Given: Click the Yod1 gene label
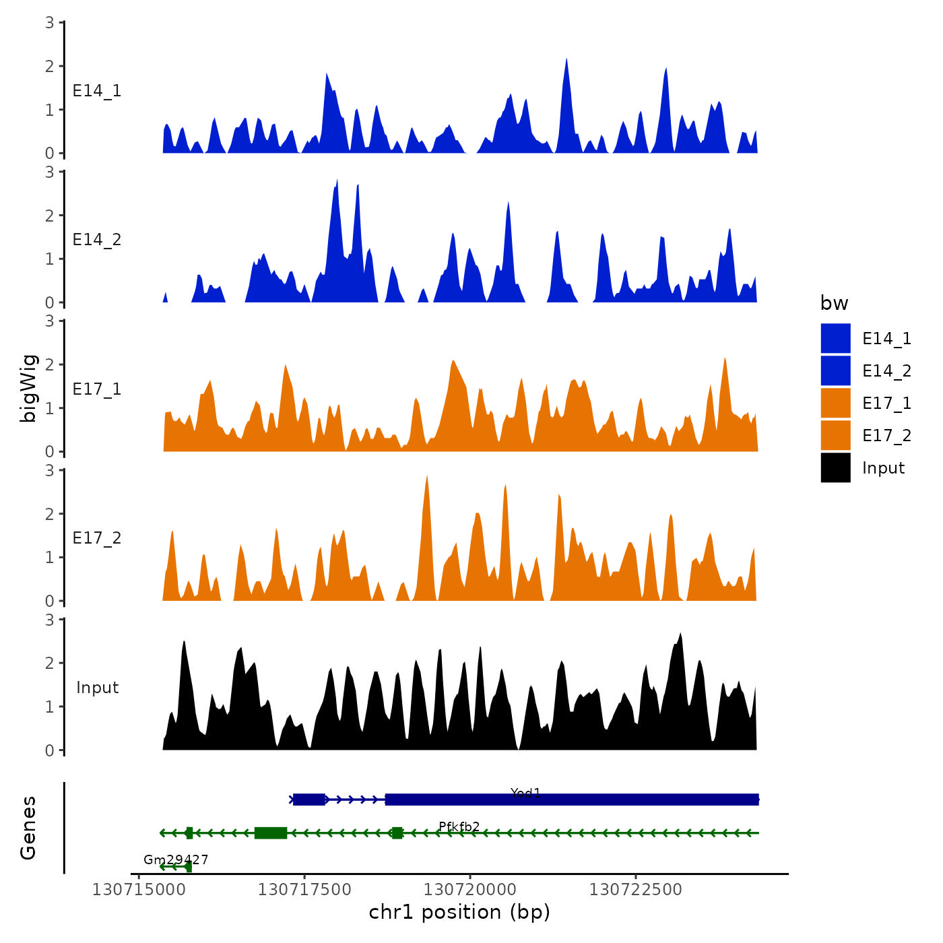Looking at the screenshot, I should tap(525, 793).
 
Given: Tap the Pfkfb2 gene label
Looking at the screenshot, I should tap(459, 826).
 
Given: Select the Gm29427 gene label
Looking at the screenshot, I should tap(176, 859).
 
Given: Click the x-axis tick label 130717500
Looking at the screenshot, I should tap(304, 890).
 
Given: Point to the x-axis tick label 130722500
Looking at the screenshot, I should tap(635, 890).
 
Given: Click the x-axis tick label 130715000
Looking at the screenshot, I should tap(139, 890).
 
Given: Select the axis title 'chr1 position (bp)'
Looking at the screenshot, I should tap(459, 912).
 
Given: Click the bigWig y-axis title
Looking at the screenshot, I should tap(29, 388).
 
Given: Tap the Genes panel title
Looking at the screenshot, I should tap(28, 828).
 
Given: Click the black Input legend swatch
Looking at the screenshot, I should tap(835, 467).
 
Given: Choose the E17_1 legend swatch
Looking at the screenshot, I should tap(835, 403).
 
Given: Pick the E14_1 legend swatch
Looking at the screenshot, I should tap(835, 338).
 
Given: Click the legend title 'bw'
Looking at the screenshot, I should tap(834, 303).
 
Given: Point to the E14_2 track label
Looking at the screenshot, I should tap(97, 240).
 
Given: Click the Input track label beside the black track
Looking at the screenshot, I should tap(97, 688).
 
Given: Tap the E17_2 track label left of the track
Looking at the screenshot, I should tap(97, 538).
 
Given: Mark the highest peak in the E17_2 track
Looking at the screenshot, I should tap(426, 477).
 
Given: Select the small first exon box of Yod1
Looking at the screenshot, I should tap(309, 800).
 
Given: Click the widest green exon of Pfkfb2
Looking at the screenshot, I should tap(271, 833).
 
